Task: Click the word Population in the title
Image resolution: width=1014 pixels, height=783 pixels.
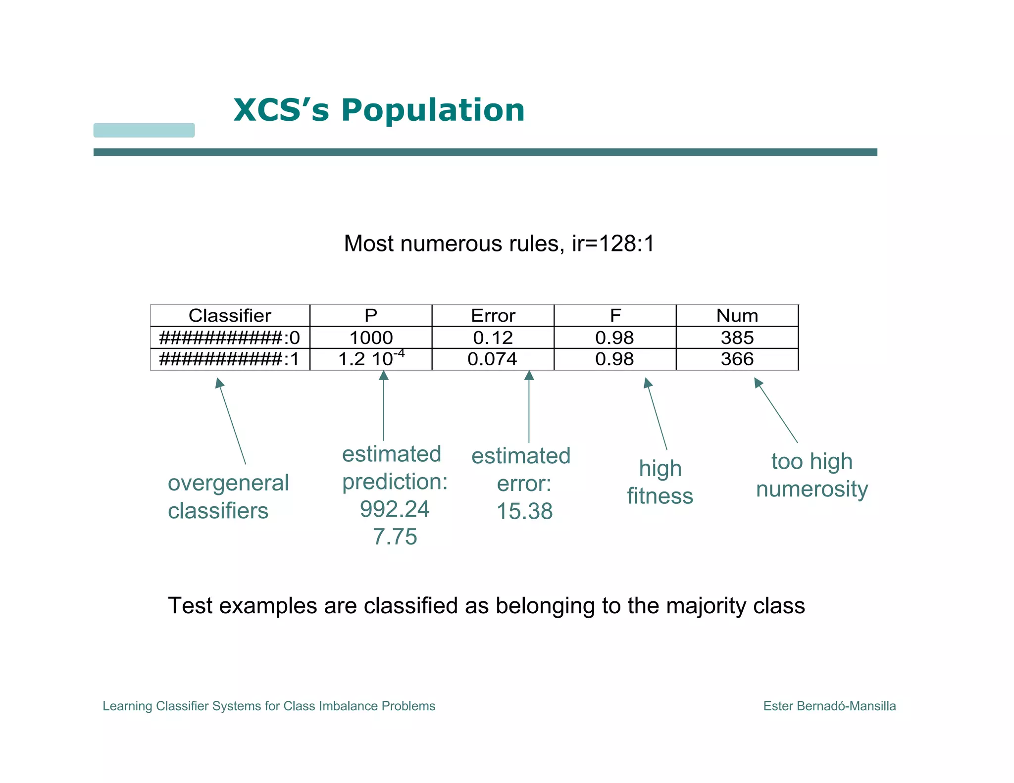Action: (432, 110)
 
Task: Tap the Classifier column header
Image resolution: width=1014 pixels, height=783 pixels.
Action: (230, 316)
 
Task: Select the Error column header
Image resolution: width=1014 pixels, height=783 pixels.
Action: (493, 316)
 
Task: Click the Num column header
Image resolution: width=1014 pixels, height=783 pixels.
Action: (737, 316)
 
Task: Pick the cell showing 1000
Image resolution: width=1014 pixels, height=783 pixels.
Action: (371, 338)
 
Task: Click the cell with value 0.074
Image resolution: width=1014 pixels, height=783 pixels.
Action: (492, 359)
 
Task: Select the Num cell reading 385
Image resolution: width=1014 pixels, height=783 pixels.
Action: (737, 338)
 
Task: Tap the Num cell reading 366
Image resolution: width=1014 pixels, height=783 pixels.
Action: (737, 359)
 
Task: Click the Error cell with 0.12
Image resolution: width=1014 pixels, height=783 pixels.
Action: (493, 338)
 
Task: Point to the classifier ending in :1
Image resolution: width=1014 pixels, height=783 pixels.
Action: (230, 359)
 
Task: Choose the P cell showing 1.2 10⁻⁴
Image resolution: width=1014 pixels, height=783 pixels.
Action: (371, 359)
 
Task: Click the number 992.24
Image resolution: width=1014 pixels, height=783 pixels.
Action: (395, 509)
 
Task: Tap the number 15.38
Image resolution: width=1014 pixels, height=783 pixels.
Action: (524, 511)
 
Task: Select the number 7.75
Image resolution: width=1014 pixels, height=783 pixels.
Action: (395, 537)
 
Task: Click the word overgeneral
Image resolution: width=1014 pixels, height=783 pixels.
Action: (228, 483)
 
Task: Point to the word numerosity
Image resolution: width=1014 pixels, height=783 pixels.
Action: (812, 489)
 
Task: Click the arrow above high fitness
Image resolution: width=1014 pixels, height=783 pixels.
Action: (656, 414)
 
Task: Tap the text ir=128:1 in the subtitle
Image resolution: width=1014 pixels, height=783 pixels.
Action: (613, 244)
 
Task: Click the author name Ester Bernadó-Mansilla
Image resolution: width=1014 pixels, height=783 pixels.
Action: (829, 706)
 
